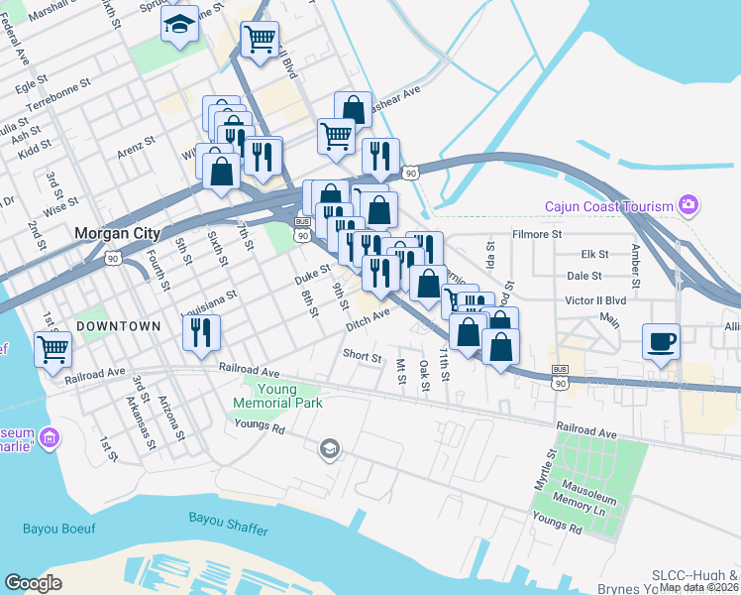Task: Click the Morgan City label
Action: coord(117,234)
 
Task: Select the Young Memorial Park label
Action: coord(277,396)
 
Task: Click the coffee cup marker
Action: coord(662,342)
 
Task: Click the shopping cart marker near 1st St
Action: coord(53,348)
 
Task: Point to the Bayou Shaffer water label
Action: coord(228,524)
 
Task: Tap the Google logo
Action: coord(33,583)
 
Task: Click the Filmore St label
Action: coord(536,235)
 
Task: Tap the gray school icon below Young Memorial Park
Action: coord(328,450)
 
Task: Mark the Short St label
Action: coord(362,356)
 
